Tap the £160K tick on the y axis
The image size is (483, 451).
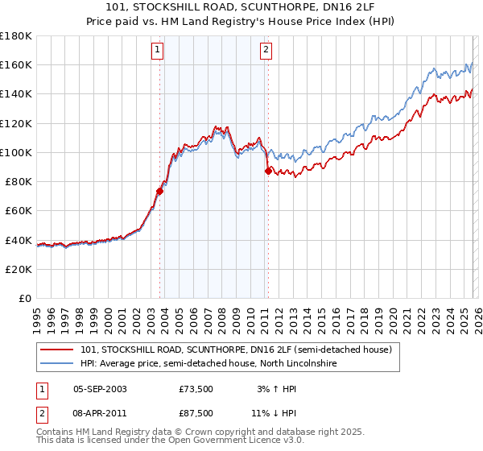coord(16,64)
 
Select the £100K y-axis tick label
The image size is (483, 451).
coord(16,152)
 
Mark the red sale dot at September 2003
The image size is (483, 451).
coord(160,191)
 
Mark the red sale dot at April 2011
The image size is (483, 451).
coord(268,170)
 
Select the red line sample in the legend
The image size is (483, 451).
coord(57,350)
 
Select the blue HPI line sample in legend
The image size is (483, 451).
coord(57,364)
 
